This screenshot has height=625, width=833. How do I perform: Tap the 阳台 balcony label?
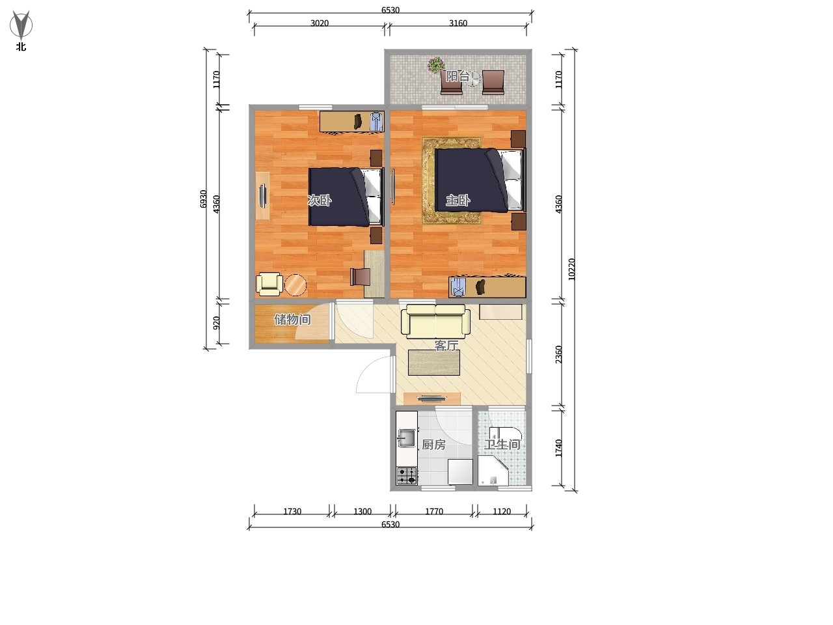click(457, 76)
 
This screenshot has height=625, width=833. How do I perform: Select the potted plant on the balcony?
click(436, 65)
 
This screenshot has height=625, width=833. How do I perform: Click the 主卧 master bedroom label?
click(458, 200)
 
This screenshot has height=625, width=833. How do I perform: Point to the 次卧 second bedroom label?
click(319, 200)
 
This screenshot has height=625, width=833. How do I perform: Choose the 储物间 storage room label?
click(292, 320)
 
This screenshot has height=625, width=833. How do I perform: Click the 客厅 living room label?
click(446, 345)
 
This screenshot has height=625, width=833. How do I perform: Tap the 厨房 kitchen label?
click(434, 445)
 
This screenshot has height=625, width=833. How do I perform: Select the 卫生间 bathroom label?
click(502, 445)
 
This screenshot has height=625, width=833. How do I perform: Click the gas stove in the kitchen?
click(407, 476)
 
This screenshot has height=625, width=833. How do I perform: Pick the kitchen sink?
click(407, 438)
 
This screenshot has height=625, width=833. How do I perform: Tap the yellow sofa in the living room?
click(435, 321)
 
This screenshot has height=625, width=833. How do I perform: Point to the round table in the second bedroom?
click(295, 285)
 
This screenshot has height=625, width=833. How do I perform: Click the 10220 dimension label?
click(571, 270)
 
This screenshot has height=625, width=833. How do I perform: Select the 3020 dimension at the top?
click(320, 23)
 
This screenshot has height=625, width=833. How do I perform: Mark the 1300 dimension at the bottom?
click(362, 512)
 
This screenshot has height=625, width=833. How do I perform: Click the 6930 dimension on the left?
click(204, 199)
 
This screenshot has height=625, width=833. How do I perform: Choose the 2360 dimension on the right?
click(558, 354)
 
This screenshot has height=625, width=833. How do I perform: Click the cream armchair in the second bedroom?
click(269, 285)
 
